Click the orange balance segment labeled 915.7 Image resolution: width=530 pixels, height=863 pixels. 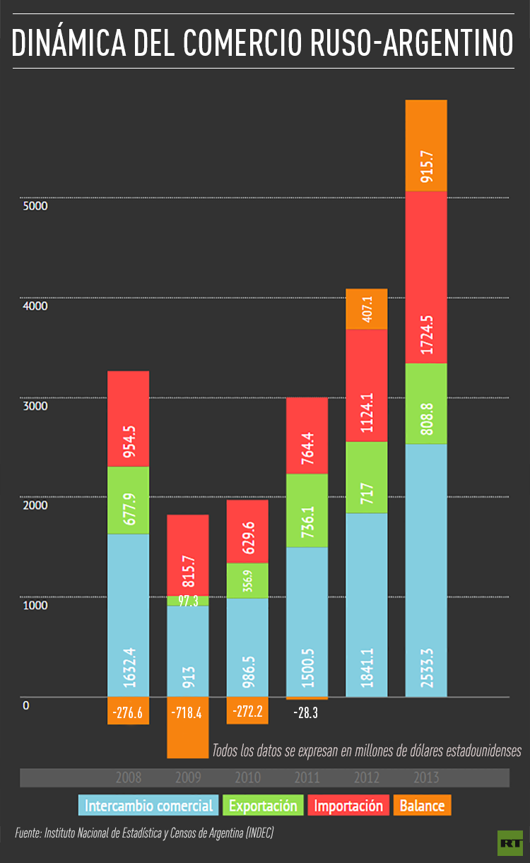(x=425, y=146)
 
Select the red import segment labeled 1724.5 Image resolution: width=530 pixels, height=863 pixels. (x=425, y=277)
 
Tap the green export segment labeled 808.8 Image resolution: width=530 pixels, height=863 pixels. (x=425, y=404)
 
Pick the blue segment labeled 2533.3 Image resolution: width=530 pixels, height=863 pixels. (x=425, y=570)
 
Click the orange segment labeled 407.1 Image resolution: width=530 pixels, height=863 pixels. (x=366, y=309)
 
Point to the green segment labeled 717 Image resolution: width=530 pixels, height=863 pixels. (x=366, y=477)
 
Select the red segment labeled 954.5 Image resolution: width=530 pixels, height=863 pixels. (x=128, y=418)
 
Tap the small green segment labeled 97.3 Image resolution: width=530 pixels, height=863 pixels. (x=188, y=600)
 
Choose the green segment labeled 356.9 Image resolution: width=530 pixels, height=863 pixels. (x=247, y=580)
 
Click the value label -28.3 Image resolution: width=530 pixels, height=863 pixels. (x=306, y=713)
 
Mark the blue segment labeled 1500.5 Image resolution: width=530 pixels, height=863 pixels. (x=307, y=622)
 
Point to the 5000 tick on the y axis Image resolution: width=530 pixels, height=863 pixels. (x=35, y=206)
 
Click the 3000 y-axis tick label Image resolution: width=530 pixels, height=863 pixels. (x=35, y=406)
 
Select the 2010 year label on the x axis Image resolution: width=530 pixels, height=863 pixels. (x=247, y=778)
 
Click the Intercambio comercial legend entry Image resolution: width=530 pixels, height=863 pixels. (x=148, y=805)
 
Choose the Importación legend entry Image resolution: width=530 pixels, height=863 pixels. (x=348, y=805)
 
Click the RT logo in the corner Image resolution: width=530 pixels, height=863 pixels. (x=509, y=842)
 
